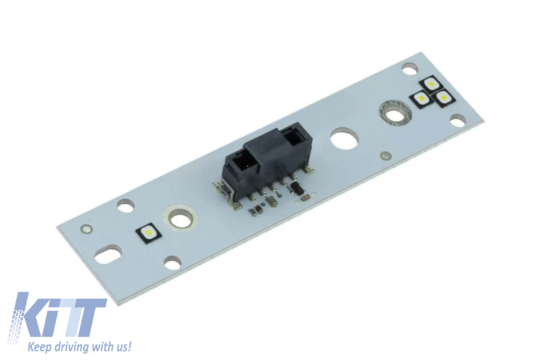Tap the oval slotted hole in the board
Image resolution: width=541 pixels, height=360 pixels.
[x=108, y=255]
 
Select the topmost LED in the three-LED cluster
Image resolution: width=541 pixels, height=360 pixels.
[x=432, y=83]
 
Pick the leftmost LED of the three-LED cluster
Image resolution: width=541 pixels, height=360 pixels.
[x=421, y=98]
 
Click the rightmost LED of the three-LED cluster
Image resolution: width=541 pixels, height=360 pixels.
[x=443, y=97]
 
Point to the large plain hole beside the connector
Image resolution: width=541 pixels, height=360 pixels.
[x=344, y=138]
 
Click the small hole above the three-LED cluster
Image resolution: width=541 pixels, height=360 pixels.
[x=409, y=68]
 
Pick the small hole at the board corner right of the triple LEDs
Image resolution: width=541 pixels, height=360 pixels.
[x=458, y=120]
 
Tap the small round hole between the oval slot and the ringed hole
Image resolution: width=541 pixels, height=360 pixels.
[x=126, y=205]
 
